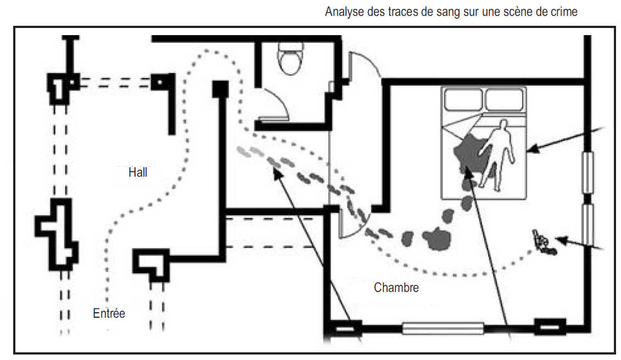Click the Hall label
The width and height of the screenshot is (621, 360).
coord(138,172)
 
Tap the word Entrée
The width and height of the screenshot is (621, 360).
coord(109,313)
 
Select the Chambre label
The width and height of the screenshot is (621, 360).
coord(396,287)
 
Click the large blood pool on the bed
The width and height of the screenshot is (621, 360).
coord(469,152)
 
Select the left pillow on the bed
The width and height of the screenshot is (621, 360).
coord(463,100)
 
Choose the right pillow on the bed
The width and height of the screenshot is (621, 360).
coord(505,100)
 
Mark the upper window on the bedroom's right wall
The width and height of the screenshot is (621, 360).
coord(587,172)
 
